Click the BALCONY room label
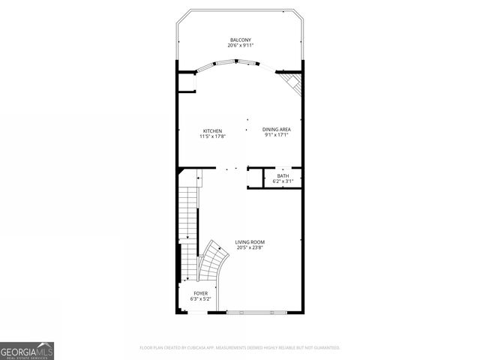click(x=240, y=40)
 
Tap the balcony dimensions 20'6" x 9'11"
click(x=240, y=46)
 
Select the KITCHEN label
click(x=212, y=130)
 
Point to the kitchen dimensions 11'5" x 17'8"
click(x=212, y=136)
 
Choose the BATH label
click(x=282, y=175)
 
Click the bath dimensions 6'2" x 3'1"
click(x=282, y=181)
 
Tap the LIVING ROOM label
click(x=250, y=241)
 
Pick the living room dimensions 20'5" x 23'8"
click(x=250, y=247)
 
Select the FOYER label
click(x=200, y=293)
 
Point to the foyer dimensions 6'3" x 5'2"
click(x=200, y=299)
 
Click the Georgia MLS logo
click(x=27, y=350)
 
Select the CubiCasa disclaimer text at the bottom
click(x=240, y=347)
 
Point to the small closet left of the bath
click(x=255, y=178)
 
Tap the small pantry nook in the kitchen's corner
click(x=186, y=82)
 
